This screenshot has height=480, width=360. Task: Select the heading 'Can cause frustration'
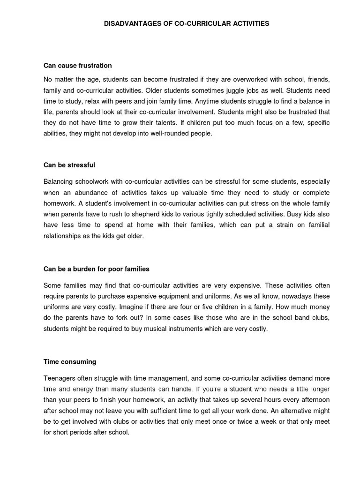click(77, 66)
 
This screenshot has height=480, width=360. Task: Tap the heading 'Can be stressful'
click(69, 165)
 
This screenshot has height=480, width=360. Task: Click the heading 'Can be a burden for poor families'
click(96, 269)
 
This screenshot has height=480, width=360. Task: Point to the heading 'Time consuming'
click(70, 362)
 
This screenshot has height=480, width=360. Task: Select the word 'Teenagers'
click(60, 378)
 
